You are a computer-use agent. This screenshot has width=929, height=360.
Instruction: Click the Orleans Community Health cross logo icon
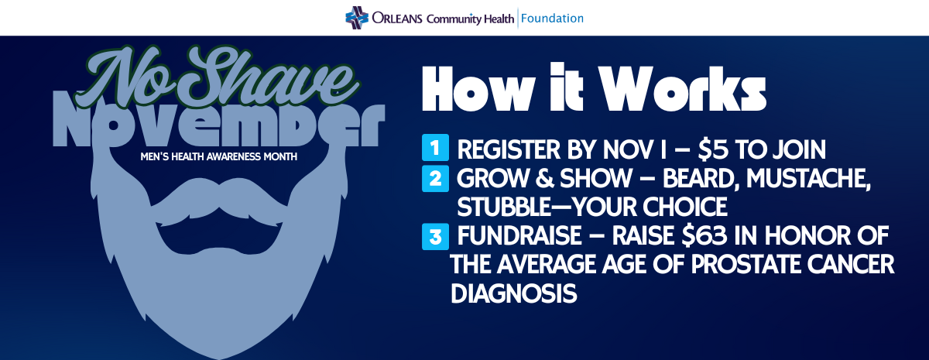[357, 18]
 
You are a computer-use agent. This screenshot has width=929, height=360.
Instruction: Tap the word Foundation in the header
[552, 19]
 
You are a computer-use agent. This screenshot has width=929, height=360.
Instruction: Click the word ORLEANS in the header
[397, 19]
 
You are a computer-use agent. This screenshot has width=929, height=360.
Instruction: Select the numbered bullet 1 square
[435, 147]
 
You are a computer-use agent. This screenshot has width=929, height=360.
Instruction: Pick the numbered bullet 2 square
[435, 178]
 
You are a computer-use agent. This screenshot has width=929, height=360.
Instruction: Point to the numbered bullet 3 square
[435, 236]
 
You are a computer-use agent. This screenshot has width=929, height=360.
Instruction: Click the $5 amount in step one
[713, 149]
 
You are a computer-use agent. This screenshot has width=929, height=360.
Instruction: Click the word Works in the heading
[682, 88]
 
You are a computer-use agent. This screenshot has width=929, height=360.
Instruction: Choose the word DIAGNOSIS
[513, 293]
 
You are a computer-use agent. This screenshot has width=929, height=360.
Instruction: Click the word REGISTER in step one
[509, 149]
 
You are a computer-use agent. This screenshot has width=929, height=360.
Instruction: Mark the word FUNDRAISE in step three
[519, 236]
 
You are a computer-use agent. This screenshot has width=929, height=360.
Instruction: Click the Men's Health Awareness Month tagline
[218, 156]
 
